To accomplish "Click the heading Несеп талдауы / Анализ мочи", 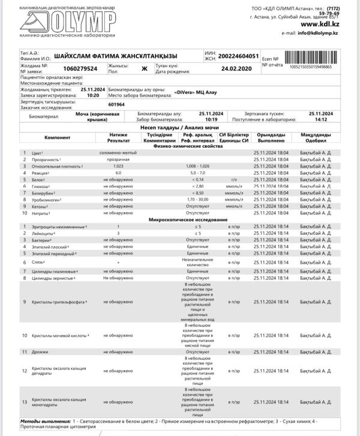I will click(179, 128).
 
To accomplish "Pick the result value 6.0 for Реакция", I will click(118, 172).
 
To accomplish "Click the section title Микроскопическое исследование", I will click(179, 220).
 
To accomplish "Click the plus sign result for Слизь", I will click(118, 262).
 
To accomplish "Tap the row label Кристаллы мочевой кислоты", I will click(59, 335).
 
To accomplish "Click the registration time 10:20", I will click(93, 95).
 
